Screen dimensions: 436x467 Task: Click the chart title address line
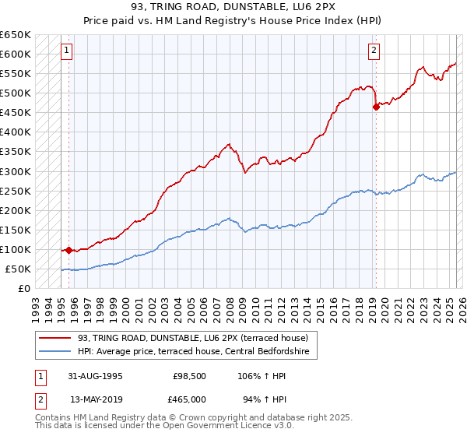(x=233, y=7)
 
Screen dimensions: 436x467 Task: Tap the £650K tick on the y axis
(x=16, y=35)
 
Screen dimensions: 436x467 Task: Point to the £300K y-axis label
(x=16, y=171)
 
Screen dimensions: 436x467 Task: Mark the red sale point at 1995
(x=68, y=250)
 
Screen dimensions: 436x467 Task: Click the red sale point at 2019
(x=376, y=107)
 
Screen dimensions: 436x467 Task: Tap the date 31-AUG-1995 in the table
(x=95, y=376)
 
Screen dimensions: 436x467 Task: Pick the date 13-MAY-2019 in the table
(x=95, y=399)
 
